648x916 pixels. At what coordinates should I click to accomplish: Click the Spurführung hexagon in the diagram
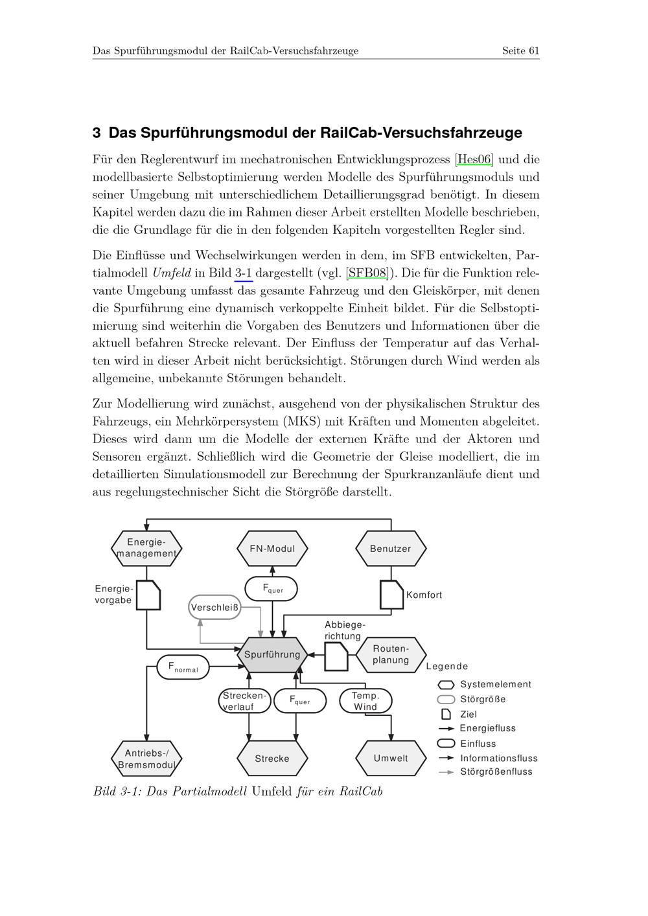(x=272, y=654)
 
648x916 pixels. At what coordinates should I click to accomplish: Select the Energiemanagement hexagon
(x=146, y=548)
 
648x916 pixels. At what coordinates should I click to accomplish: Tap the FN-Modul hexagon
(x=272, y=549)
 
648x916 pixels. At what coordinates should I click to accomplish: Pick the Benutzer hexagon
(x=391, y=549)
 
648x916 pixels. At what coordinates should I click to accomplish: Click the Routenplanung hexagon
(x=391, y=654)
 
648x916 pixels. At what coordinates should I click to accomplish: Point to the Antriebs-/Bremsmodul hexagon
(x=146, y=759)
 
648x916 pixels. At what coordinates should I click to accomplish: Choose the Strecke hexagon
(x=272, y=759)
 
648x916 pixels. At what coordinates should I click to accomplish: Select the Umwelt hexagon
(x=391, y=759)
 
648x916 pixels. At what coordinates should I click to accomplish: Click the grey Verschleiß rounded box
(x=214, y=608)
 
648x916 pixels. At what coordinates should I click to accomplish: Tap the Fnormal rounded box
(x=183, y=667)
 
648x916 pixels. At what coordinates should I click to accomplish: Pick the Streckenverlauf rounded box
(x=244, y=701)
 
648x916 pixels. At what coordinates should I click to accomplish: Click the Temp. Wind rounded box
(x=365, y=701)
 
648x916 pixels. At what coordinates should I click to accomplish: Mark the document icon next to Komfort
(x=391, y=595)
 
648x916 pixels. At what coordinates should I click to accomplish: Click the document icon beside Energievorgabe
(x=148, y=595)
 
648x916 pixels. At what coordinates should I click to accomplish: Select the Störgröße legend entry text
(x=483, y=700)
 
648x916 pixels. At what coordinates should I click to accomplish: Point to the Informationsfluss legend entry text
(x=499, y=758)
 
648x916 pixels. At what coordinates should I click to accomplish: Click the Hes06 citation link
(x=474, y=159)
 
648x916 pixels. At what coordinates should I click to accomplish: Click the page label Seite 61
(x=520, y=51)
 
